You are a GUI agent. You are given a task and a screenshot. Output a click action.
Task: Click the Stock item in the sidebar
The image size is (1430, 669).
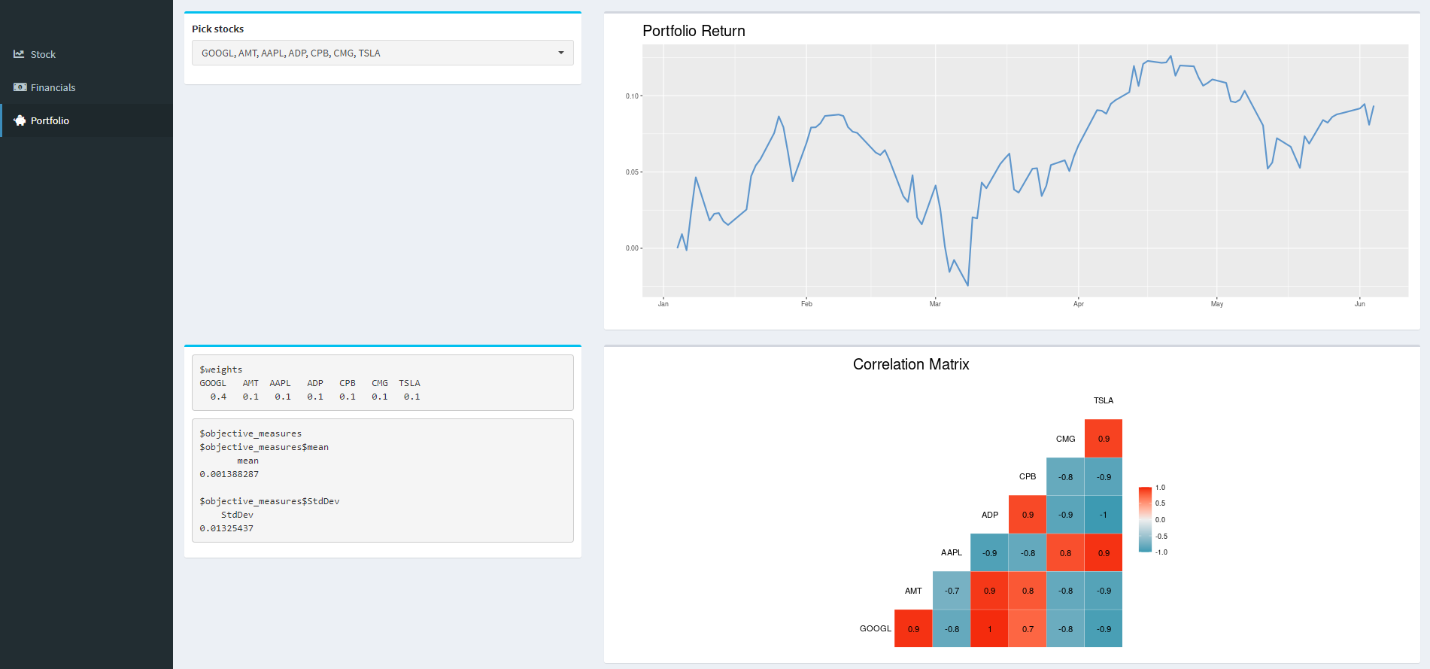(43, 54)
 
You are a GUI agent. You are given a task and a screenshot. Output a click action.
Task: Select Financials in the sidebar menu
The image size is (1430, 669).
(53, 87)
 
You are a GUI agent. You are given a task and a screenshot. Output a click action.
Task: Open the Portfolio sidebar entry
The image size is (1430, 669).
(50, 120)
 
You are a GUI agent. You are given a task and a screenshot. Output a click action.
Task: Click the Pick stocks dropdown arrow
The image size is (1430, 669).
(560, 53)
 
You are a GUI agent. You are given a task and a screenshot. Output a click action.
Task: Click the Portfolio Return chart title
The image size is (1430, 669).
(693, 31)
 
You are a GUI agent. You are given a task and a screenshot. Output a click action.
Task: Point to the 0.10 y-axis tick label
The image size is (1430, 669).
(631, 96)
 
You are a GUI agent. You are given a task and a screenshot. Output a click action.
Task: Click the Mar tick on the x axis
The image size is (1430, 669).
(935, 304)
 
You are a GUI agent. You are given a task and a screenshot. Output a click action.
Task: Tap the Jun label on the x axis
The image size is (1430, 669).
(1359, 304)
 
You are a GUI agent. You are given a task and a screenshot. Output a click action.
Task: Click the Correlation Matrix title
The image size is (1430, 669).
(910, 364)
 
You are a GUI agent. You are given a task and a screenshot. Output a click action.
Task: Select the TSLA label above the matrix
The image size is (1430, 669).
(1103, 400)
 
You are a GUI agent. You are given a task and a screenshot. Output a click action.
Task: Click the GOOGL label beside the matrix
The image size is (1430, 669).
(875, 628)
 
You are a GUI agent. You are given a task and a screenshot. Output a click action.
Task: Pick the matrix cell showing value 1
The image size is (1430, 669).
(989, 628)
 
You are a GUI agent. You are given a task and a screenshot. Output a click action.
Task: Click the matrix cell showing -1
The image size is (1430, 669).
(1103, 515)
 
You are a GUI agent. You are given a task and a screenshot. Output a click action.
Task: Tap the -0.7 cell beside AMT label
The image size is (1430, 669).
(952, 591)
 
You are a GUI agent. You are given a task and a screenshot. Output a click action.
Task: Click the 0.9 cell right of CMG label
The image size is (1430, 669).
(1103, 439)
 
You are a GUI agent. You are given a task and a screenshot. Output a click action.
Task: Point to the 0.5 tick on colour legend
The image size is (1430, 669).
(1160, 503)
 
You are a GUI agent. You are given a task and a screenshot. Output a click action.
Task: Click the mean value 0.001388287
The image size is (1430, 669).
(229, 474)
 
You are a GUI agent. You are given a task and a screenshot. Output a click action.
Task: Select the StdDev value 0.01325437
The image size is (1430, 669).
(226, 528)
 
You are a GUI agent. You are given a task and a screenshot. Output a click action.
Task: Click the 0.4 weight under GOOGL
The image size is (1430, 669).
(218, 397)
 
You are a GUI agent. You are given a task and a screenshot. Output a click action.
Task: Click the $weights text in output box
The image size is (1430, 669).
(220, 369)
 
